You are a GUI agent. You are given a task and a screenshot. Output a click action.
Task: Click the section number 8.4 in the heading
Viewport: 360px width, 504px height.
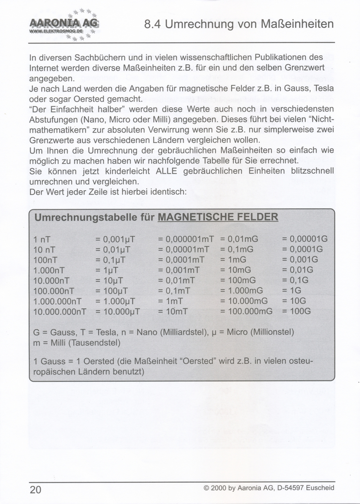click(x=153, y=24)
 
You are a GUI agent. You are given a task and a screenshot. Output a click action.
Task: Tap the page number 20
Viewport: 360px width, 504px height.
click(x=36, y=490)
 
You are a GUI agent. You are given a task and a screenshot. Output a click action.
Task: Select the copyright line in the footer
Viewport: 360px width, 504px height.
click(x=269, y=488)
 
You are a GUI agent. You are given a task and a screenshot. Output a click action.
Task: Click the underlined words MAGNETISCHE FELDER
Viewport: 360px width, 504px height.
click(x=218, y=217)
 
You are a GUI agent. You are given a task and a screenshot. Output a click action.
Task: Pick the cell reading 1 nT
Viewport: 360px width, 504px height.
click(x=42, y=239)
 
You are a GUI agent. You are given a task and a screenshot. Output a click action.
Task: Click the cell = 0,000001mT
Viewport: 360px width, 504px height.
click(x=186, y=239)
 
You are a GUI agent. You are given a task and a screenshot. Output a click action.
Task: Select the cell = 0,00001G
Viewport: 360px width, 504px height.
click(x=305, y=239)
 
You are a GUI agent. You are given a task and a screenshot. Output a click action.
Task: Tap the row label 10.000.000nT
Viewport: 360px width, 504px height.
click(x=60, y=312)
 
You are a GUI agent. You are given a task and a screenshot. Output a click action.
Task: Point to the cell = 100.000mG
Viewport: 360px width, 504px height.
click(x=246, y=311)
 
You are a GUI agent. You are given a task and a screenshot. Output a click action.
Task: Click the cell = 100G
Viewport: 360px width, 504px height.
click(x=296, y=311)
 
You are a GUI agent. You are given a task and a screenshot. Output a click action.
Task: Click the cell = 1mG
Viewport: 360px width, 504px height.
click(x=233, y=260)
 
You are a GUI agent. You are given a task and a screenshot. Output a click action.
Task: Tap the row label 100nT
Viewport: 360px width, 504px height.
click(x=45, y=260)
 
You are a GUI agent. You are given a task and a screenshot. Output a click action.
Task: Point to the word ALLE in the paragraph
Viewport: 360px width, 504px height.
click(x=166, y=171)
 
